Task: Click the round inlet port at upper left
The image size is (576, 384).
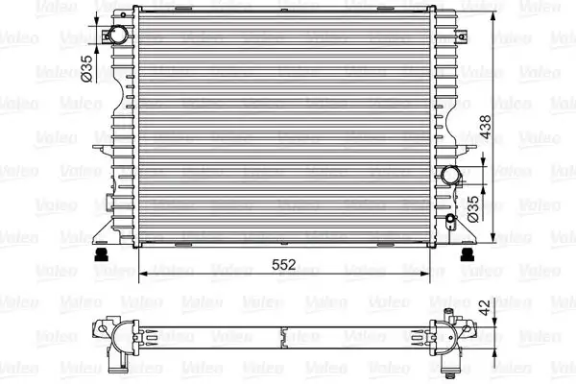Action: [115, 35]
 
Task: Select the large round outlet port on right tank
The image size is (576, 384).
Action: [452, 176]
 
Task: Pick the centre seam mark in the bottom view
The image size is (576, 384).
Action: [284, 337]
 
